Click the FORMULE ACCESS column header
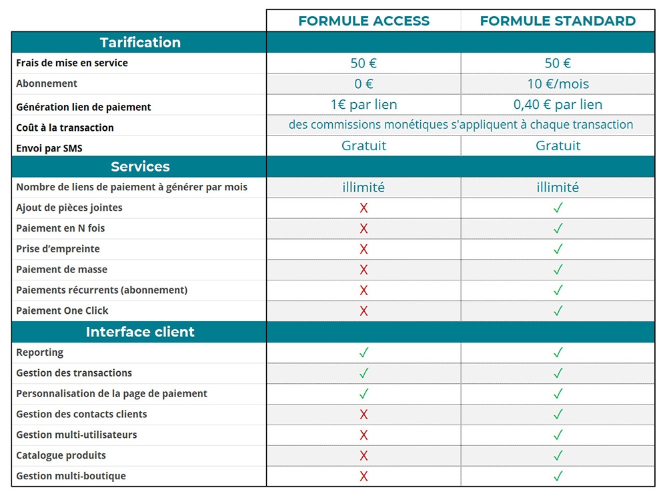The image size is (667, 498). click(x=364, y=21)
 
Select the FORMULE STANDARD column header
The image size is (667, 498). click(x=558, y=21)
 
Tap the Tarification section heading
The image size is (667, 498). click(x=140, y=42)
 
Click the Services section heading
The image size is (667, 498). click(x=140, y=166)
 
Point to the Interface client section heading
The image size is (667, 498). click(x=140, y=332)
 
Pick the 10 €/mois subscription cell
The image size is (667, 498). click(x=558, y=83)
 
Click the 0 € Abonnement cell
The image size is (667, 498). click(x=364, y=83)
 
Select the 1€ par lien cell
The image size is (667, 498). click(x=364, y=104)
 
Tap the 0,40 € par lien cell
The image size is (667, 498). click(x=558, y=104)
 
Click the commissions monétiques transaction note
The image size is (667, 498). click(x=461, y=125)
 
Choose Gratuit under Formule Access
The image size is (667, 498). click(x=364, y=146)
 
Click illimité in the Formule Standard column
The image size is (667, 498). click(x=558, y=187)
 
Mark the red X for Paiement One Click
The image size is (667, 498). click(x=364, y=311)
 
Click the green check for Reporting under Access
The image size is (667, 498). click(x=364, y=352)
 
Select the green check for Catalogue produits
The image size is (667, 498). click(x=558, y=456)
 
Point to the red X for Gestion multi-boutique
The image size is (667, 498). click(x=364, y=477)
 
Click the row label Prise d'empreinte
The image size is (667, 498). click(x=58, y=249)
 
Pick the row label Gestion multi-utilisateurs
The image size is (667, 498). click(x=77, y=435)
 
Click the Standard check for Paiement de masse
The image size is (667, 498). click(x=558, y=270)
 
